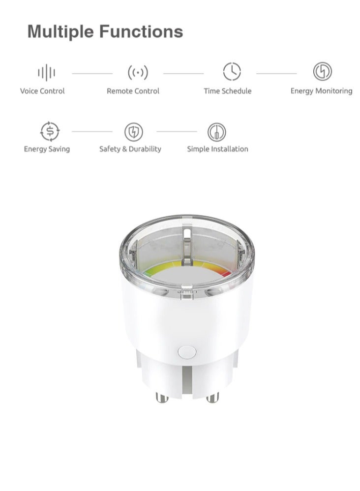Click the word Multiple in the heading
coord(61,32)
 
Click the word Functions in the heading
coord(141,32)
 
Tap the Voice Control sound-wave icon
coord(46,73)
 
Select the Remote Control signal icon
coord(138,73)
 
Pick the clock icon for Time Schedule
coord(232,72)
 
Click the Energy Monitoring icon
coord(323,72)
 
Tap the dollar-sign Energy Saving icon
coord(49,131)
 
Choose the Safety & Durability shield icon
coord(133,131)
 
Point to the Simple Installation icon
coord(216,131)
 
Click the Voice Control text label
coord(42,91)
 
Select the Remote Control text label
coord(133,91)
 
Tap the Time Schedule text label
coord(227,91)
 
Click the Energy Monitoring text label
coord(321,91)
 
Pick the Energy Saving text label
coord(47,149)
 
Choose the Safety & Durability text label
coord(130,149)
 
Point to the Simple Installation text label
coord(217,149)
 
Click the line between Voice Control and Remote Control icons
coord(92,73)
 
